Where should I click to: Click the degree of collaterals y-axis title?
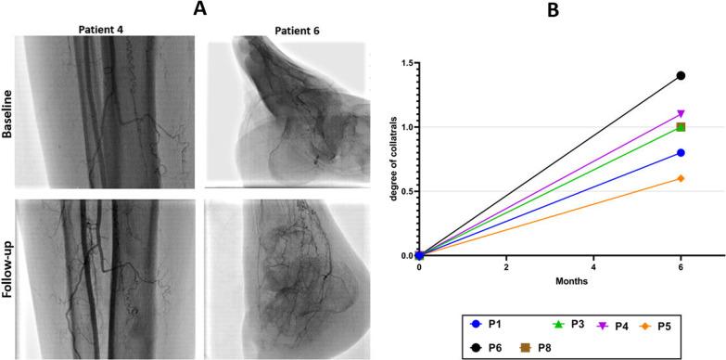coord(374,160)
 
